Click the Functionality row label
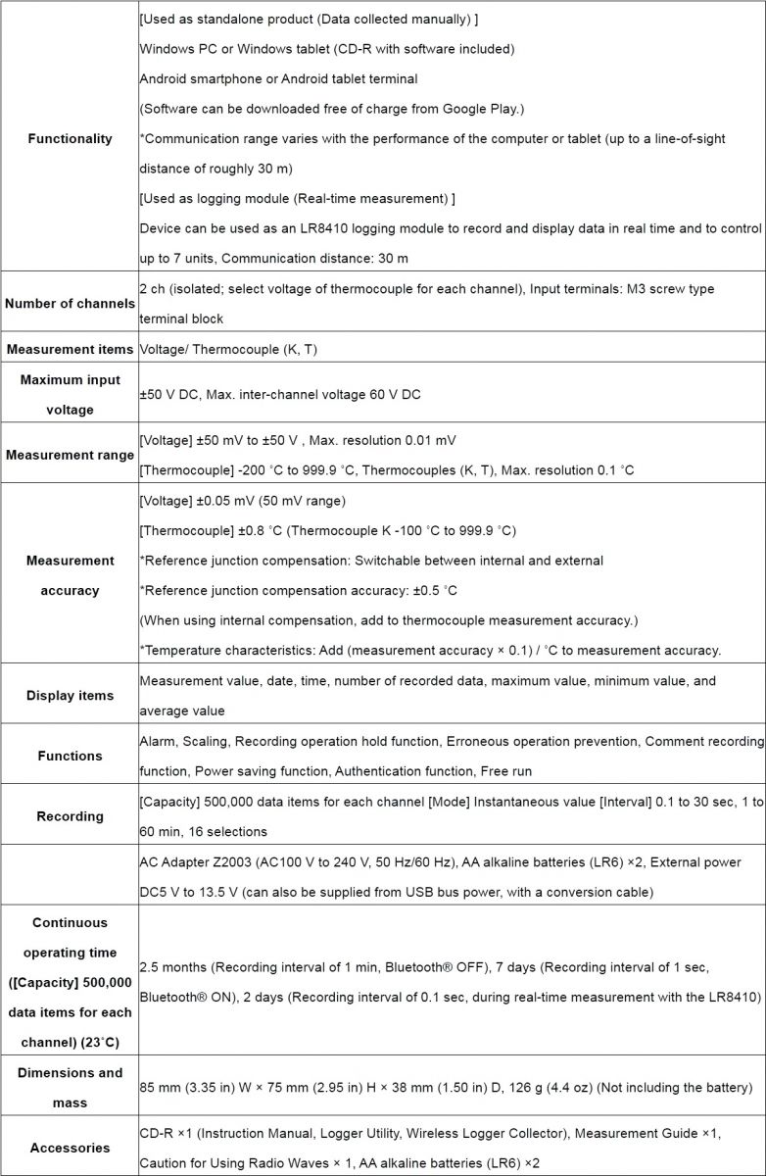tap(69, 138)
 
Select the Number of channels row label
tap(69, 304)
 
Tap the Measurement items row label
tap(69, 349)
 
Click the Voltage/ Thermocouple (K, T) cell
tap(227, 349)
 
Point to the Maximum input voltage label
tap(69, 394)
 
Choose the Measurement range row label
tap(69, 455)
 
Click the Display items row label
tap(69, 695)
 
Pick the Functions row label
tap(69, 756)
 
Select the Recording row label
tap(69, 816)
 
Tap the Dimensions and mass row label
tap(69, 1087)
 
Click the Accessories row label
tap(69, 1148)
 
